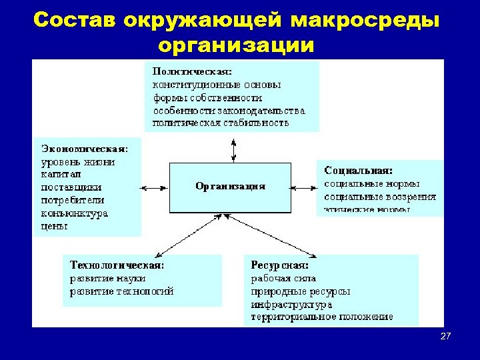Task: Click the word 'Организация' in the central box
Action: click(230, 187)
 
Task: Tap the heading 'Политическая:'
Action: click(193, 70)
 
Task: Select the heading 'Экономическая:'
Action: click(85, 148)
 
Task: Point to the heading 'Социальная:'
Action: click(358, 171)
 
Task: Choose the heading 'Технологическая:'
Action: click(117, 265)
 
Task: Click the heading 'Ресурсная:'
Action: click(275, 265)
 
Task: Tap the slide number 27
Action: click(445, 336)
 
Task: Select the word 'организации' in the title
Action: click(237, 45)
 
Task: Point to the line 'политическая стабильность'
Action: click(221, 123)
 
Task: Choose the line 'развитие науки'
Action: click(107, 278)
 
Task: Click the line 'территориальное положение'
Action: click(322, 317)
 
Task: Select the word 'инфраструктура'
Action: click(291, 304)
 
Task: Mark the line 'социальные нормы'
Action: click(372, 183)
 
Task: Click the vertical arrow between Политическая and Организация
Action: click(233, 149)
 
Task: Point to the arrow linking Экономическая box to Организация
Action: click(155, 187)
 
